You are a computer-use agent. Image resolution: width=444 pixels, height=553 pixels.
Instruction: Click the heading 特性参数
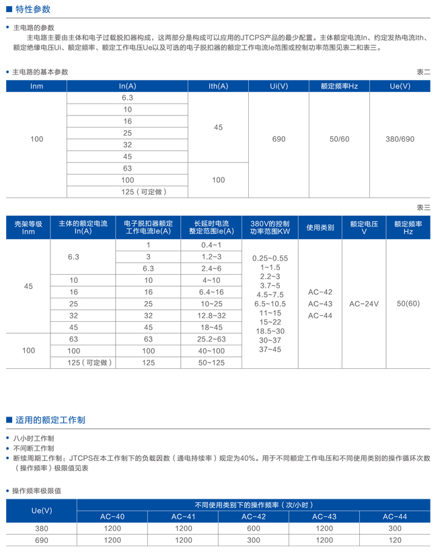point(32,9)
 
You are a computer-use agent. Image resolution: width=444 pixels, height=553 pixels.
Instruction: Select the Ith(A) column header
point(218,86)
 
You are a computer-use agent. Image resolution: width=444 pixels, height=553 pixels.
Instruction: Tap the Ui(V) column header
point(279,86)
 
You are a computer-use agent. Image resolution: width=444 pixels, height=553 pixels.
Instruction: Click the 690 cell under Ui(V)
point(279,139)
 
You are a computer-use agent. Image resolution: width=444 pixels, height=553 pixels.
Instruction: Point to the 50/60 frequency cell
point(340,139)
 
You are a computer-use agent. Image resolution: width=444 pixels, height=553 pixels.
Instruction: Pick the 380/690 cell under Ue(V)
point(400,139)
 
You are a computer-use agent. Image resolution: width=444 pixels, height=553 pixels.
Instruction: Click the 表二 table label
point(423,72)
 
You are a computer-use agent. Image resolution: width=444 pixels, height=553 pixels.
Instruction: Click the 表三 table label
point(423,208)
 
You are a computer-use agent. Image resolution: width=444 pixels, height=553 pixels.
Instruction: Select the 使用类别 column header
point(320,228)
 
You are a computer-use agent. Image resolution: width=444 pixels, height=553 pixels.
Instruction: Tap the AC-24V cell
point(364,304)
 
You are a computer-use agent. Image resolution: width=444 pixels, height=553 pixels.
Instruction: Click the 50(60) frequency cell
point(408,304)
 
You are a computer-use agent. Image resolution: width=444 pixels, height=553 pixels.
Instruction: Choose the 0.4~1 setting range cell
point(211,245)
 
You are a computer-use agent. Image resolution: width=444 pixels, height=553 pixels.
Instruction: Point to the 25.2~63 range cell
point(211,339)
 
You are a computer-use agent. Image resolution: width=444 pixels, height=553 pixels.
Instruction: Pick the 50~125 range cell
point(211,362)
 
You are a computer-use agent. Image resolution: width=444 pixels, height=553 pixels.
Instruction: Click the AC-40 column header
point(112,516)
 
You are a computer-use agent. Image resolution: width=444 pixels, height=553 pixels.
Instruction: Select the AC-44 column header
point(395,516)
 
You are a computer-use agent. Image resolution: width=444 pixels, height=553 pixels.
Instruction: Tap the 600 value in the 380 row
point(254,528)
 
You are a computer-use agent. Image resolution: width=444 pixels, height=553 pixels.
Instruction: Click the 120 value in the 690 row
point(395,540)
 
